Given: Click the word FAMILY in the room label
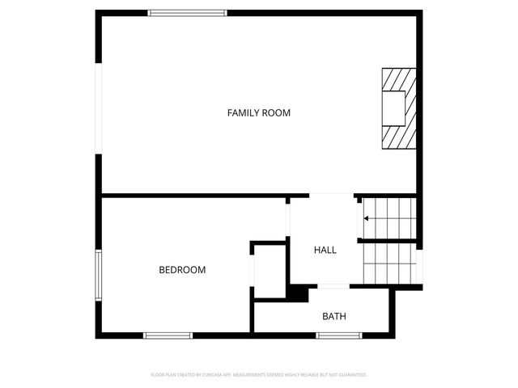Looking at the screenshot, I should pos(244,113).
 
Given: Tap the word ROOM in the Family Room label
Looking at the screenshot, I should pos(277,113).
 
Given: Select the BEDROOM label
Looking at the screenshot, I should pos(182,270).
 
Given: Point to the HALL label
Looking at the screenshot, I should pos(325,250).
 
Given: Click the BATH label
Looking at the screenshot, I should pos(334,316).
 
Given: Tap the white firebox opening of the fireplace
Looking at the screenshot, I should pos(394,108).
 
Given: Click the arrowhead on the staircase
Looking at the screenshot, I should pos(367,218).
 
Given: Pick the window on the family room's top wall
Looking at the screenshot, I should pos(188,12).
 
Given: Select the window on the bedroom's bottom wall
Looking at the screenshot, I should pos(168,335).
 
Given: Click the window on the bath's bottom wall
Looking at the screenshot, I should pos(338,335).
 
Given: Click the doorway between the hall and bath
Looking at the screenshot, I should pos(334,286).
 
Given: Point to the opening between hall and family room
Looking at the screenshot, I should pos(332,195).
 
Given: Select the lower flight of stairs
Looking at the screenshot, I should pos(388,264).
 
